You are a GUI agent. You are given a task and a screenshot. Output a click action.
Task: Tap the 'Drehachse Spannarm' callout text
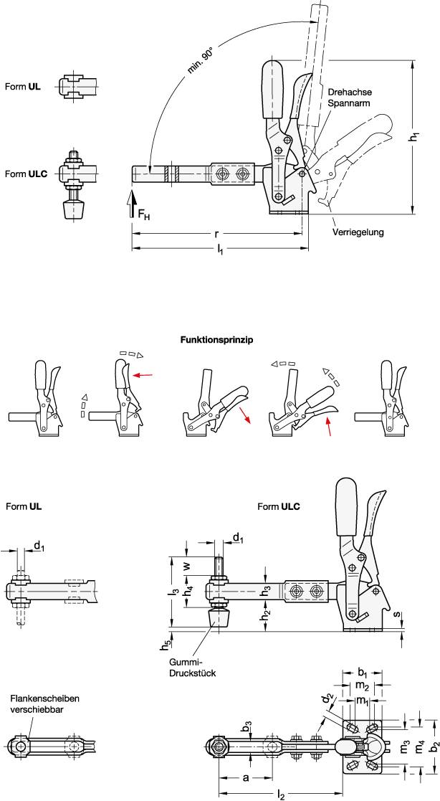coord(348,98)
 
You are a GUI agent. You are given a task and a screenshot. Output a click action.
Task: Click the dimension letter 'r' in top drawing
coord(216,234)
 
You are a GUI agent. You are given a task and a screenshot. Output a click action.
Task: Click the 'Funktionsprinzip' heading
coord(220,341)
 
